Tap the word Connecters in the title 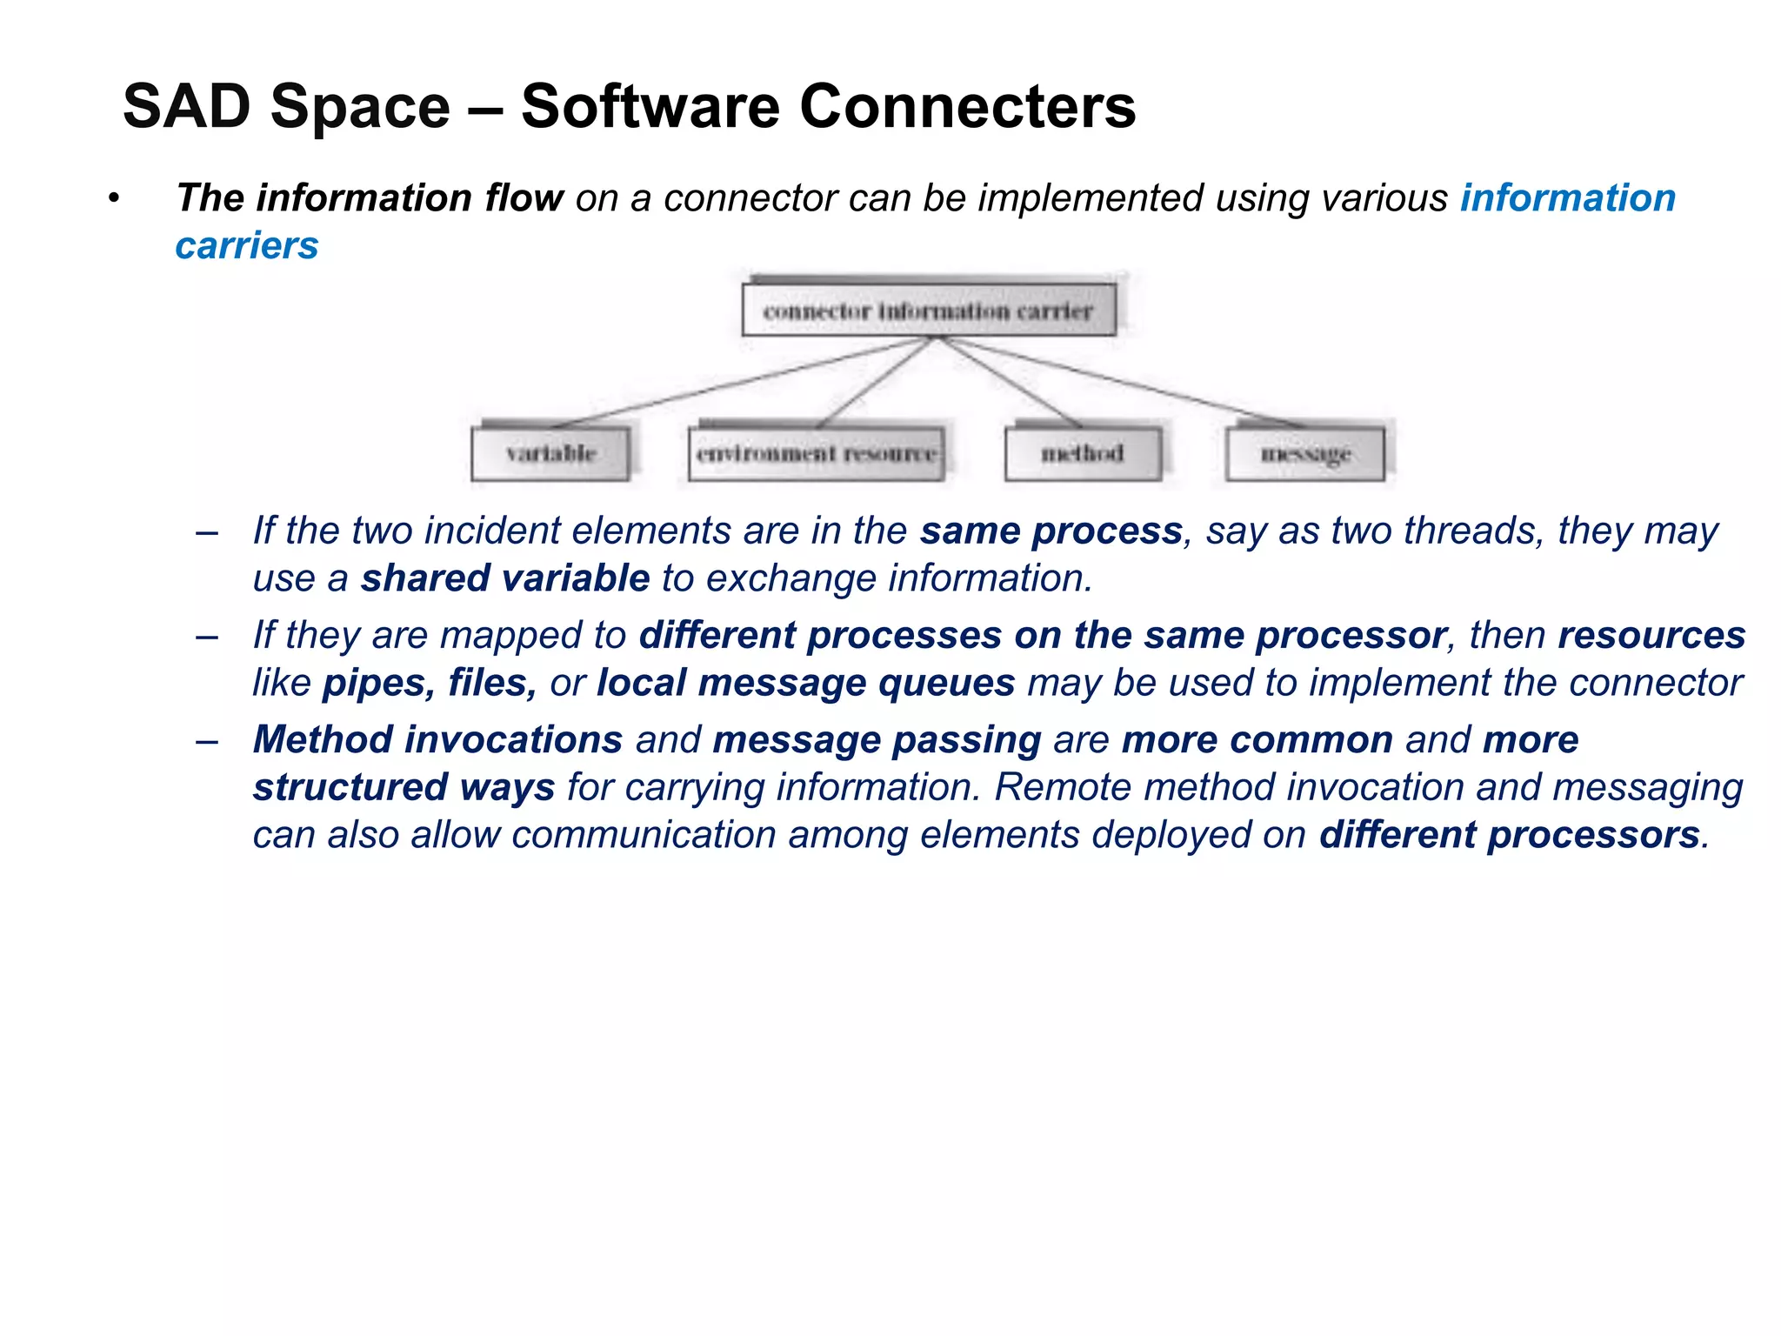coord(967,107)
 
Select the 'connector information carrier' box coord(928,310)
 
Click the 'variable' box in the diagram coord(550,453)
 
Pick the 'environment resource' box coord(816,453)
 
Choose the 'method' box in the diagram coord(1083,453)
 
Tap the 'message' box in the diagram coord(1304,453)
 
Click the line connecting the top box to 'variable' coord(739,381)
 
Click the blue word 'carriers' coord(247,246)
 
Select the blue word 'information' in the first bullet coord(1567,198)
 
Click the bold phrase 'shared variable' coord(505,578)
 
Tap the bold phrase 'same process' coord(1051,531)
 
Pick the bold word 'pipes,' coord(378,683)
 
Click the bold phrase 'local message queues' coord(805,683)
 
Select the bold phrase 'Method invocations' coord(437,740)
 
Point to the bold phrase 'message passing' coord(877,740)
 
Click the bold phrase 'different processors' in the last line coord(1509,835)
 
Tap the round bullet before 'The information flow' coord(113,199)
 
